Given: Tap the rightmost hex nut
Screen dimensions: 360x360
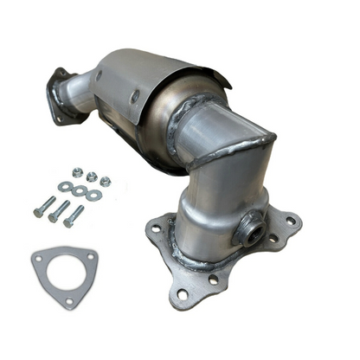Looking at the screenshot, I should [105, 181].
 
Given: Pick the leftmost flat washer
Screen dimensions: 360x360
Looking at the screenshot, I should [65, 186].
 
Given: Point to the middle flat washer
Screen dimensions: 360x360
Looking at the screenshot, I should [79, 190].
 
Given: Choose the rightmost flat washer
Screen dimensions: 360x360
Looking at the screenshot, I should [93, 195].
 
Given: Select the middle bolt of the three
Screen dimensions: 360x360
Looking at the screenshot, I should [58, 211].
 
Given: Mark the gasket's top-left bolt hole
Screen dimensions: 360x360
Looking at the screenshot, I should [38, 257].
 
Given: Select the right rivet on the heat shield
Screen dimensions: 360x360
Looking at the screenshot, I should [135, 98].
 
